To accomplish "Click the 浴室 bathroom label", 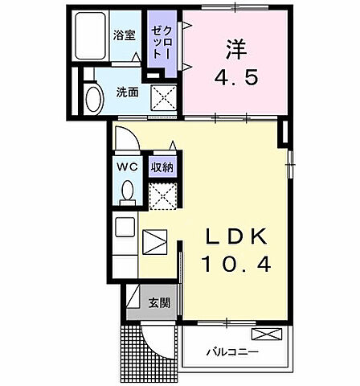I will (x=125, y=37).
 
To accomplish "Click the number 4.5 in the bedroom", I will (x=236, y=80).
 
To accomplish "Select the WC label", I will (x=126, y=167).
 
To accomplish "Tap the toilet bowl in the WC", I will (x=127, y=192).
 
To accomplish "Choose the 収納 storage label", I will (x=162, y=167).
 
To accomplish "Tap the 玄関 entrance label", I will (x=159, y=303).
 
